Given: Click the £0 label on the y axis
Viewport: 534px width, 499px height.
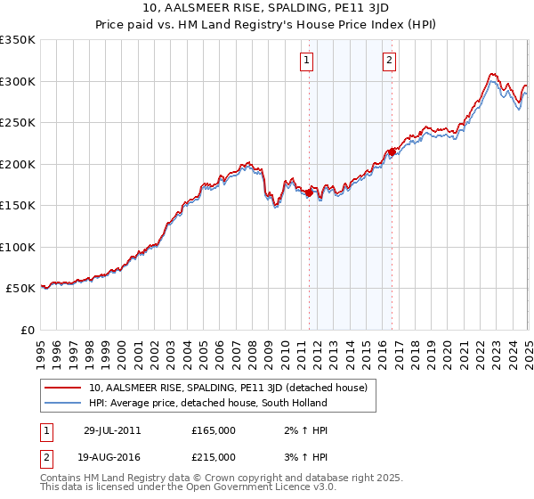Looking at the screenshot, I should pos(28,331).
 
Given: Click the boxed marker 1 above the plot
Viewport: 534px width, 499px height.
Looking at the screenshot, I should pos(306,61).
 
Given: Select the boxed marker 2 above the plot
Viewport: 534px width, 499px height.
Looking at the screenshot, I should pos(390,61).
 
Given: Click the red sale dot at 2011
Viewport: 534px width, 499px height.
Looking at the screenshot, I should pos(310,192).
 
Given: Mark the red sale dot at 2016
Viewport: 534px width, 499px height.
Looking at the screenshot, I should pos(392,151).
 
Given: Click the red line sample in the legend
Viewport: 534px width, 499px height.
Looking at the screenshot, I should pos(62,389).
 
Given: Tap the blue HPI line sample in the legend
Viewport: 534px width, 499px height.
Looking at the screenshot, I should pos(62,403).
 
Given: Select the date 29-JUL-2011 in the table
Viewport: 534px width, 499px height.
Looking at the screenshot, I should pos(112,430).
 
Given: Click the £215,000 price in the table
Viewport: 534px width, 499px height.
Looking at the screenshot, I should pos(214,457).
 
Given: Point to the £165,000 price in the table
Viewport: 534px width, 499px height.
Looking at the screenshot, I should pos(214,430).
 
